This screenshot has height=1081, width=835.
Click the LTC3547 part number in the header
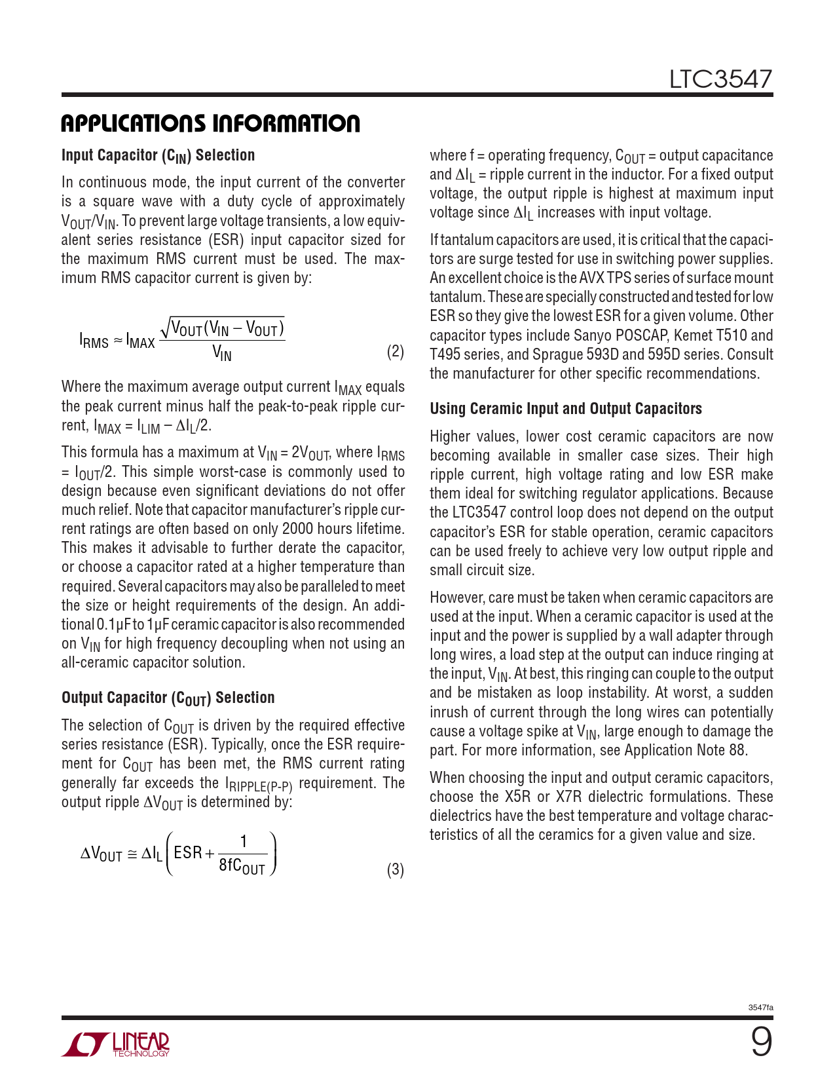click(720, 79)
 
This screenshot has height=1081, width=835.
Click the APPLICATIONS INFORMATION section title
click(210, 123)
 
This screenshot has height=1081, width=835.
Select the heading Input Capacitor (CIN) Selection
click(158, 155)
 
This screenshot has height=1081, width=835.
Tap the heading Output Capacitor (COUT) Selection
click(168, 698)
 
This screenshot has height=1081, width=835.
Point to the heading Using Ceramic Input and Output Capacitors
click(565, 409)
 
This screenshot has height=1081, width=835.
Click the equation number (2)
click(395, 352)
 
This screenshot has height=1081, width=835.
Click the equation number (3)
click(395, 870)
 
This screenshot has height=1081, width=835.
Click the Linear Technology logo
click(115, 1044)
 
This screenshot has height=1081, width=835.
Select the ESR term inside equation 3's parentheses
click(188, 852)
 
